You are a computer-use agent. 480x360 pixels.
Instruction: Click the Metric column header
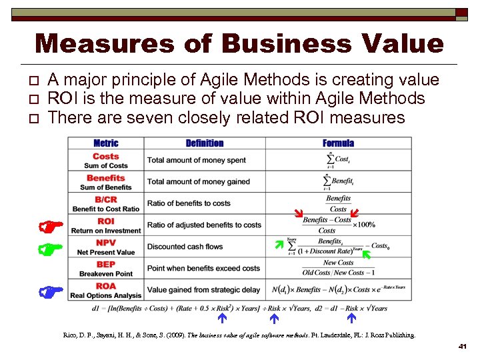(x=106, y=143)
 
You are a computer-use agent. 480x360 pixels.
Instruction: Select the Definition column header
(x=205, y=143)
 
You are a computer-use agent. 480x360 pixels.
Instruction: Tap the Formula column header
(x=338, y=143)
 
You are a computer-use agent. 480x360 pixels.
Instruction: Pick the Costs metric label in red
(x=106, y=157)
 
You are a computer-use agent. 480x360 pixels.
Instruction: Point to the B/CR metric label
(x=106, y=199)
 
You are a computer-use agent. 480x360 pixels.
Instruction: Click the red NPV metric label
(x=106, y=243)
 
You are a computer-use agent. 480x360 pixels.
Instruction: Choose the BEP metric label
(x=106, y=265)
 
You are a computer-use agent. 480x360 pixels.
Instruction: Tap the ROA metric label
(x=106, y=286)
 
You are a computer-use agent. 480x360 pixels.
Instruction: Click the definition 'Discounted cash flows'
(x=185, y=247)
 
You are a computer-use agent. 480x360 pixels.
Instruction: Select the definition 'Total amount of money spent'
(x=196, y=160)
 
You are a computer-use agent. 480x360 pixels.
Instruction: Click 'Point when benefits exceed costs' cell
(x=203, y=268)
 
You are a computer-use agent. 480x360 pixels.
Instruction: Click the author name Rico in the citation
(x=71, y=335)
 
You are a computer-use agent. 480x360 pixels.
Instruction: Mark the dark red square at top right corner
(x=461, y=13)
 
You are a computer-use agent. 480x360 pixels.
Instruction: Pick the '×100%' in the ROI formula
(x=364, y=225)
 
